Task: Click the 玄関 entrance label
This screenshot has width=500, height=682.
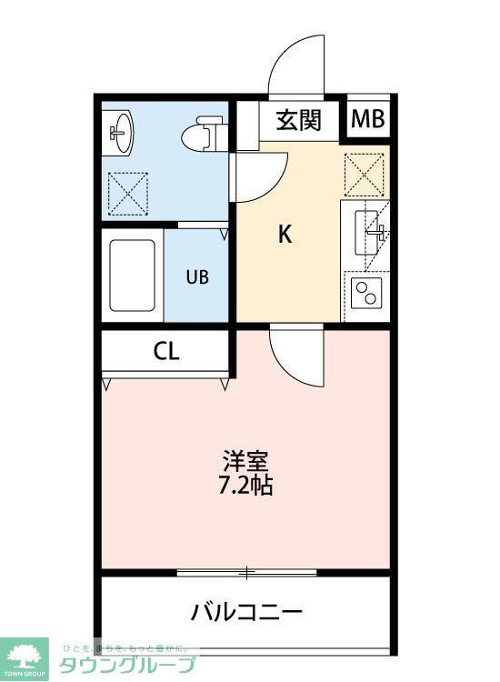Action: (298, 120)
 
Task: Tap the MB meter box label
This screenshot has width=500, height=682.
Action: (368, 119)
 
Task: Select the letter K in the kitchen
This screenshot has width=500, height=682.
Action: (285, 235)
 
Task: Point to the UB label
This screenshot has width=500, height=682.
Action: (197, 277)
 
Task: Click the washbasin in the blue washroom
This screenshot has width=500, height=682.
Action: (119, 133)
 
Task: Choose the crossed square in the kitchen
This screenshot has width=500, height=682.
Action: (365, 176)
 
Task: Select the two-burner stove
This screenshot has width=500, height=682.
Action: (367, 294)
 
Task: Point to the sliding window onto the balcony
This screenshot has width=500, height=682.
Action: (246, 573)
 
